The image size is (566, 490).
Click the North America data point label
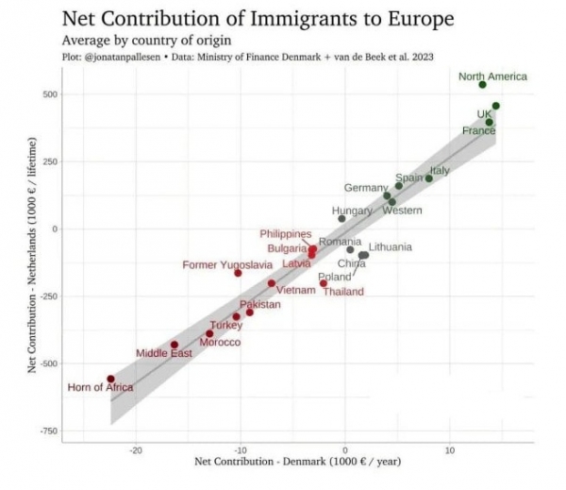(x=492, y=76)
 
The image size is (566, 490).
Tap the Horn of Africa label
(x=100, y=387)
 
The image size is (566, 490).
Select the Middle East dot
(x=175, y=345)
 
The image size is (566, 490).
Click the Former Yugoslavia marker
(x=238, y=273)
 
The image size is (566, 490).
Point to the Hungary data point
(x=342, y=219)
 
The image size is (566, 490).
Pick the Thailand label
(x=343, y=292)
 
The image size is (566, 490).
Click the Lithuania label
(x=390, y=246)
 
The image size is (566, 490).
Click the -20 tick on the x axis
(x=137, y=449)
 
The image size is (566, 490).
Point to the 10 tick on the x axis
(x=450, y=449)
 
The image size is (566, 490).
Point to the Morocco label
(x=220, y=342)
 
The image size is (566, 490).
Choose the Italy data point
(x=429, y=178)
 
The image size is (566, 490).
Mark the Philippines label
(x=286, y=233)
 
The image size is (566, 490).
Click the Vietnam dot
(x=272, y=283)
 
